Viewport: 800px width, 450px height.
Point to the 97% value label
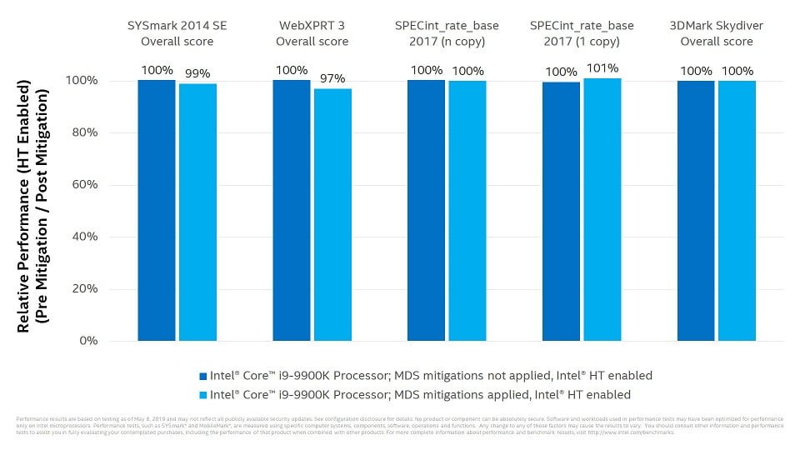coord(332,78)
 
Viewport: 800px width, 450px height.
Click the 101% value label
coord(602,68)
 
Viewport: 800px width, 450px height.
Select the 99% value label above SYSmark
coord(197,73)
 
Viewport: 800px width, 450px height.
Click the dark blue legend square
coord(202,376)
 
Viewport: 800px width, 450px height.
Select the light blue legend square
coord(202,395)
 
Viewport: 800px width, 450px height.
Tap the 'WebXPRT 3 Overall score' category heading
coord(312,33)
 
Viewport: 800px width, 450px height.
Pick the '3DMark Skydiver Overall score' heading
coord(717,33)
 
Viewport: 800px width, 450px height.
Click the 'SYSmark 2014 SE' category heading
coord(177,26)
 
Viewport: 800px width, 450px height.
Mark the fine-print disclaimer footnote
coord(400,425)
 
